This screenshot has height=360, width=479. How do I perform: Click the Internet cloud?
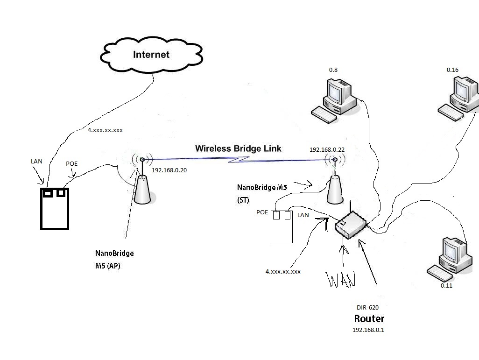[x=151, y=55]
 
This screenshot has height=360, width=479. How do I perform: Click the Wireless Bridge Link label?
[x=238, y=148]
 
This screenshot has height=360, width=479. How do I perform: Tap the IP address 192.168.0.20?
[x=169, y=170]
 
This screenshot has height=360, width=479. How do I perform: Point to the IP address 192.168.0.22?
[x=327, y=149]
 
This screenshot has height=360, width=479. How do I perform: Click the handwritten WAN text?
[x=341, y=279]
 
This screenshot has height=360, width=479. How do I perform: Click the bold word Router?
[x=369, y=319]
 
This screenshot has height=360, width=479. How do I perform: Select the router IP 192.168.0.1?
[x=368, y=330]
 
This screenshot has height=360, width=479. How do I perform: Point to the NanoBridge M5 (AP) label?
[x=114, y=260]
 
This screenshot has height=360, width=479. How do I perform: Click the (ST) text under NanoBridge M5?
[x=243, y=200]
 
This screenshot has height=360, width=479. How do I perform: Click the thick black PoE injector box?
[x=54, y=208]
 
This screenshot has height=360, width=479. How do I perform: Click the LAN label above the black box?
[x=36, y=162]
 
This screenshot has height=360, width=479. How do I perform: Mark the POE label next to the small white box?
[x=262, y=212]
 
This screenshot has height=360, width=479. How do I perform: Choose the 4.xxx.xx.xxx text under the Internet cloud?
[x=105, y=130]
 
